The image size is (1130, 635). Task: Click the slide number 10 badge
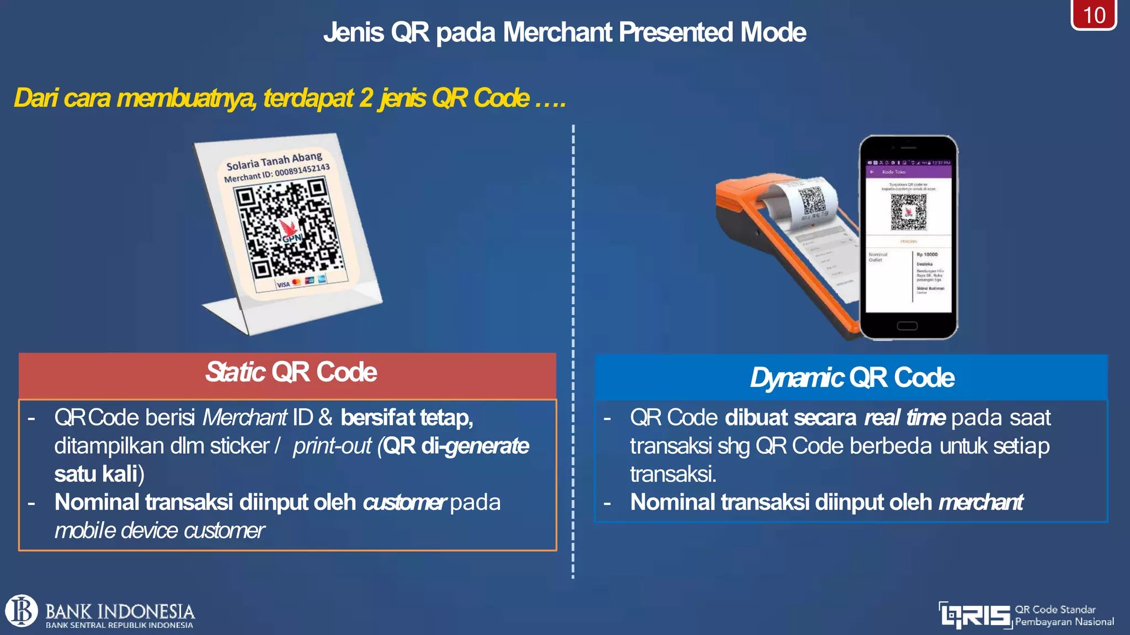[x=1094, y=15]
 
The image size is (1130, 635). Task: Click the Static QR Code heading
[x=291, y=373]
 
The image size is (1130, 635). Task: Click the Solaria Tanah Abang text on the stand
[x=274, y=160]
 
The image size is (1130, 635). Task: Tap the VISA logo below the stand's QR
[x=283, y=284]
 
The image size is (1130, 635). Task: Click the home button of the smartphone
[x=907, y=326]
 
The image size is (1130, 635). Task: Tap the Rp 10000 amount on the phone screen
[x=927, y=255]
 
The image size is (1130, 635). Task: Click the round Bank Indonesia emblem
[x=22, y=611]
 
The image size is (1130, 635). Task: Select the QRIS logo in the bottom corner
[x=976, y=615]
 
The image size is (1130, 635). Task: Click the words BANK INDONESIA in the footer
[x=120, y=611]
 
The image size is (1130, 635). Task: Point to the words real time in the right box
[x=905, y=418]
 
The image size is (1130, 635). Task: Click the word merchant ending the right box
[x=980, y=503]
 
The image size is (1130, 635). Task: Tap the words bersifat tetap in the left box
[x=407, y=418]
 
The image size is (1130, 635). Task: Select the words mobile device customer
[x=159, y=531]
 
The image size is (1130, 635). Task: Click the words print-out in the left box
[x=332, y=446]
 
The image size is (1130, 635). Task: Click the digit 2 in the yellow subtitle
[x=366, y=99]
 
